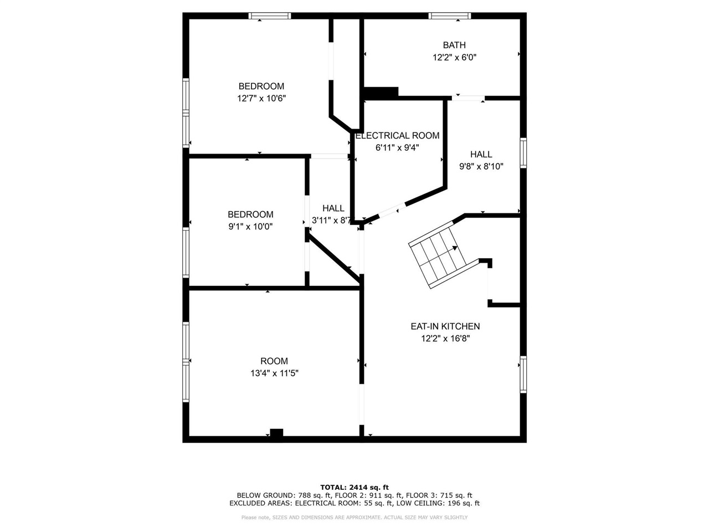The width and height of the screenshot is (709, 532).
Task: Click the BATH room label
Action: (x=454, y=45)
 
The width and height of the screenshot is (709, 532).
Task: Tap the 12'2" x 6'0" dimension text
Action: (x=454, y=57)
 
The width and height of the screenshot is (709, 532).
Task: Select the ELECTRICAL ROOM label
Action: (x=397, y=135)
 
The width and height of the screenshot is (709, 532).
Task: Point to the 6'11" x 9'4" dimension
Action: (x=397, y=147)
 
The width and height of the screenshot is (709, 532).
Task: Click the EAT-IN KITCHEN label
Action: (x=445, y=326)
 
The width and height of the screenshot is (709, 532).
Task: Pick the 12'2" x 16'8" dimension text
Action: (x=445, y=339)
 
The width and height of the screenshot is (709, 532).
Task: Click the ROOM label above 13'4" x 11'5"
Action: (x=274, y=361)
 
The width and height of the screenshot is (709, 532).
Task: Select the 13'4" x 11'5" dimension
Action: (x=274, y=374)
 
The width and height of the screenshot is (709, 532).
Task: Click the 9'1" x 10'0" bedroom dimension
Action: (x=250, y=227)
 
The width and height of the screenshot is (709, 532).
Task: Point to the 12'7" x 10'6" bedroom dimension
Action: (x=261, y=98)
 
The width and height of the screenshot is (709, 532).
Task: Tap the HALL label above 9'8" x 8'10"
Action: (x=481, y=154)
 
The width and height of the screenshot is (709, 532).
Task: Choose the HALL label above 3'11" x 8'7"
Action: (x=333, y=208)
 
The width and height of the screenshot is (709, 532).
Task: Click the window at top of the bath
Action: (x=450, y=16)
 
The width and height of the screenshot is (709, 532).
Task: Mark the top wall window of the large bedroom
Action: (x=270, y=16)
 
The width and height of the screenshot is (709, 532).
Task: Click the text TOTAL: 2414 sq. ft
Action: (x=354, y=487)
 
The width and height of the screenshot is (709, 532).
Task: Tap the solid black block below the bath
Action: (x=381, y=93)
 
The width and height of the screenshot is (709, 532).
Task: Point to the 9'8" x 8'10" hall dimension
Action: (x=481, y=166)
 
